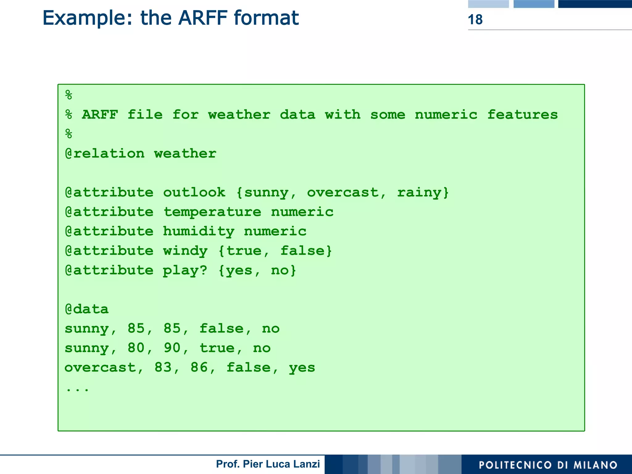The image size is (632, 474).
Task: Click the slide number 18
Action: (x=475, y=20)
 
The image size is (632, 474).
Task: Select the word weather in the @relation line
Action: (x=185, y=154)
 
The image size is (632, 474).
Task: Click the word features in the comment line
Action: (x=522, y=115)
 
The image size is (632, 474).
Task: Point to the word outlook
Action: (x=194, y=193)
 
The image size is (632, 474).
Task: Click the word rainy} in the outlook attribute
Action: (x=423, y=193)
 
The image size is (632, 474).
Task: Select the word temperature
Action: (x=212, y=212)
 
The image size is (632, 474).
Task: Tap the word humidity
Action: (x=199, y=231)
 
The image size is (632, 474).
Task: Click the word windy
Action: (x=185, y=251)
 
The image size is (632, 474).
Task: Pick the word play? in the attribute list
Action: (x=185, y=270)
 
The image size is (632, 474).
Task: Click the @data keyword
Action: (x=87, y=309)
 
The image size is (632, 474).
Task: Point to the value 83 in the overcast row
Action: (x=163, y=368)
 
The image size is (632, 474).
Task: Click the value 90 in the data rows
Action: (x=172, y=348)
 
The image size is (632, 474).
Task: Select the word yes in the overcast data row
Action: (x=302, y=368)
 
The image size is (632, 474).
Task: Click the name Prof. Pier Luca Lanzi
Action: (x=268, y=464)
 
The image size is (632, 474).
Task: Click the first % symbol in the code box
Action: (x=69, y=95)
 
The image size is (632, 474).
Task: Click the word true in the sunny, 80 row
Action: (x=217, y=348)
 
